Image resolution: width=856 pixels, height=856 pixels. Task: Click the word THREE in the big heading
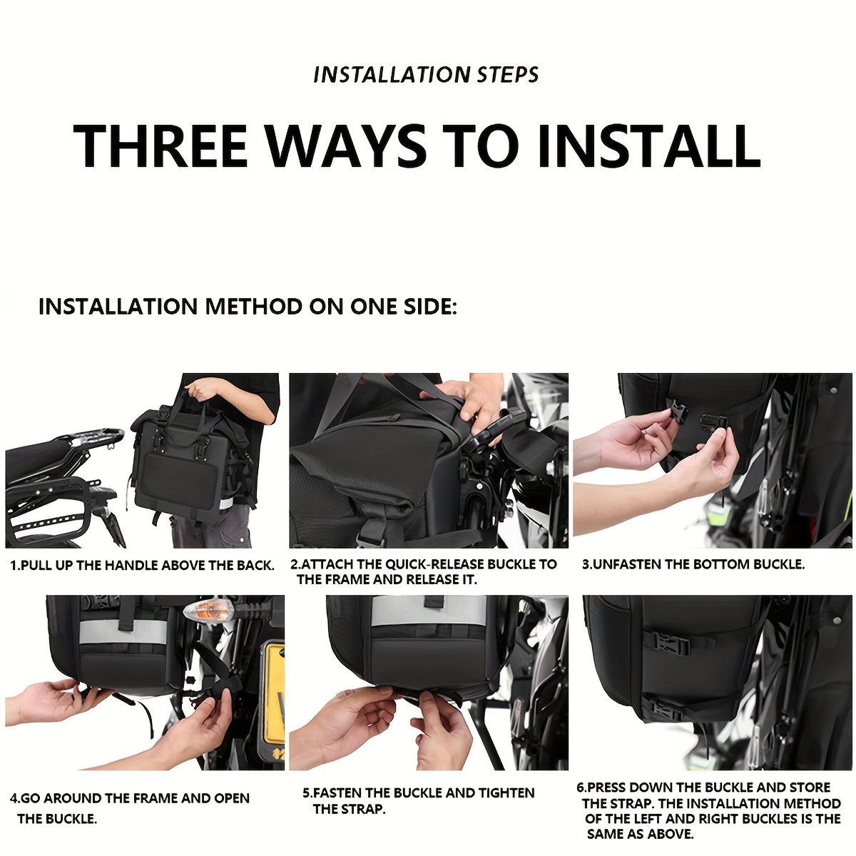coord(160,146)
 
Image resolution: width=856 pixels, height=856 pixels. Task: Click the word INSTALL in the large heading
coord(649,146)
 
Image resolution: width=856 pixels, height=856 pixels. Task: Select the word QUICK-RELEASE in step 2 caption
coord(435,564)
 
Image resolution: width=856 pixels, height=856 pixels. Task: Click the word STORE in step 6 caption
coord(810,787)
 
